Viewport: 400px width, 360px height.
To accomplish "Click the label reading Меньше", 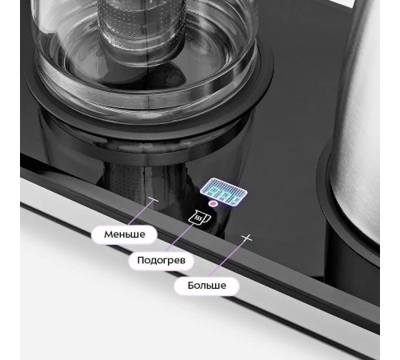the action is (x=125, y=234).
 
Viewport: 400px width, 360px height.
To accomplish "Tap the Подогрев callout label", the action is (x=161, y=260).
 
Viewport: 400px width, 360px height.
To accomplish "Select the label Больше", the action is (x=206, y=286).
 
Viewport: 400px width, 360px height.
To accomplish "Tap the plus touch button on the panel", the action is (x=246, y=238).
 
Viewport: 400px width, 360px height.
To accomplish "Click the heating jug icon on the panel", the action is (x=199, y=217).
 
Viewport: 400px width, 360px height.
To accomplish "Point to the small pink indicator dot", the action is (x=213, y=204).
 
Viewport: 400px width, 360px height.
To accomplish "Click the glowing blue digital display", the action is (x=223, y=191).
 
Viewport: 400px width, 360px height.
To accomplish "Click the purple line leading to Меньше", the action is (x=141, y=212).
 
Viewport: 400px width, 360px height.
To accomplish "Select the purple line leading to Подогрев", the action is (x=180, y=237).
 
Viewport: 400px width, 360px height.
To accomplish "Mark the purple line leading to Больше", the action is (x=228, y=257).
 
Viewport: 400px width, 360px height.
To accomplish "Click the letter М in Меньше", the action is (x=108, y=234).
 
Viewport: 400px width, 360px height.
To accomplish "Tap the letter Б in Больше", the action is (x=190, y=286).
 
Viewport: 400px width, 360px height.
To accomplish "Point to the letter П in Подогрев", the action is (x=140, y=260).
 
